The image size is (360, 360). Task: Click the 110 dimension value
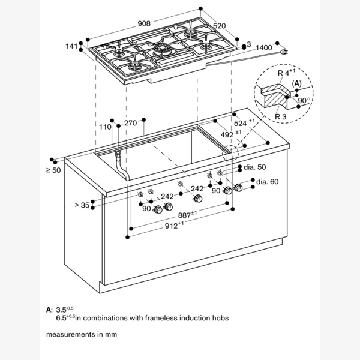tap(106, 127)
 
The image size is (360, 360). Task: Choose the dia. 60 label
tap(268, 181)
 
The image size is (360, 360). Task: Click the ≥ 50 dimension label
tap(53, 170)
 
